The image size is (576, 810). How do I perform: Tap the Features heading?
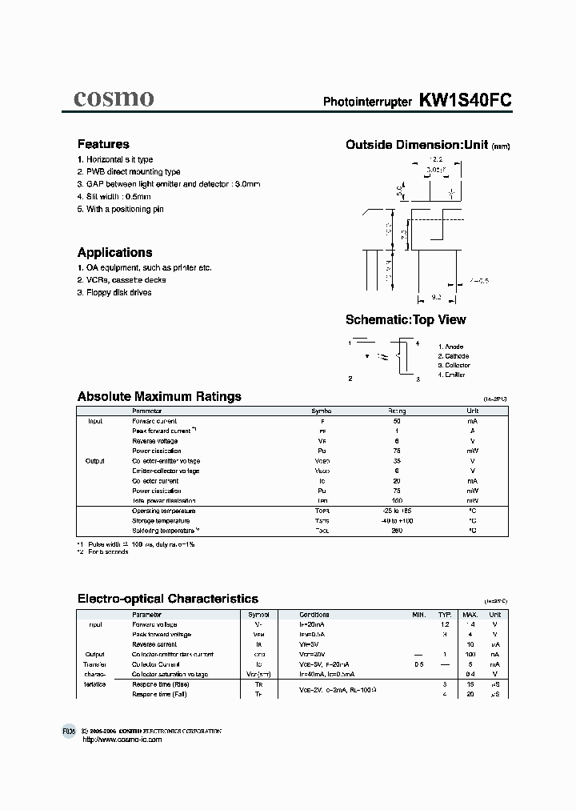coord(103,145)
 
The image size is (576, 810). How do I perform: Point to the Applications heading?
coord(114,252)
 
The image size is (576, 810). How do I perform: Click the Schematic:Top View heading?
coord(406,320)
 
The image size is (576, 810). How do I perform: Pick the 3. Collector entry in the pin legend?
coord(454,365)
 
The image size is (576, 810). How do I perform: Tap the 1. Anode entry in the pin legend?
coord(451,346)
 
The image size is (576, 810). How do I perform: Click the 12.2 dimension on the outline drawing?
coord(434,161)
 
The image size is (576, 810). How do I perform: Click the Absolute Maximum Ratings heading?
coord(159,396)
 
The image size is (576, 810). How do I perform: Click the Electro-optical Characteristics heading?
coord(167,599)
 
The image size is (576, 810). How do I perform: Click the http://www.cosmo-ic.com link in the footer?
coord(122,740)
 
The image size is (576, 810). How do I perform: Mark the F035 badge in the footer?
coord(69,732)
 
